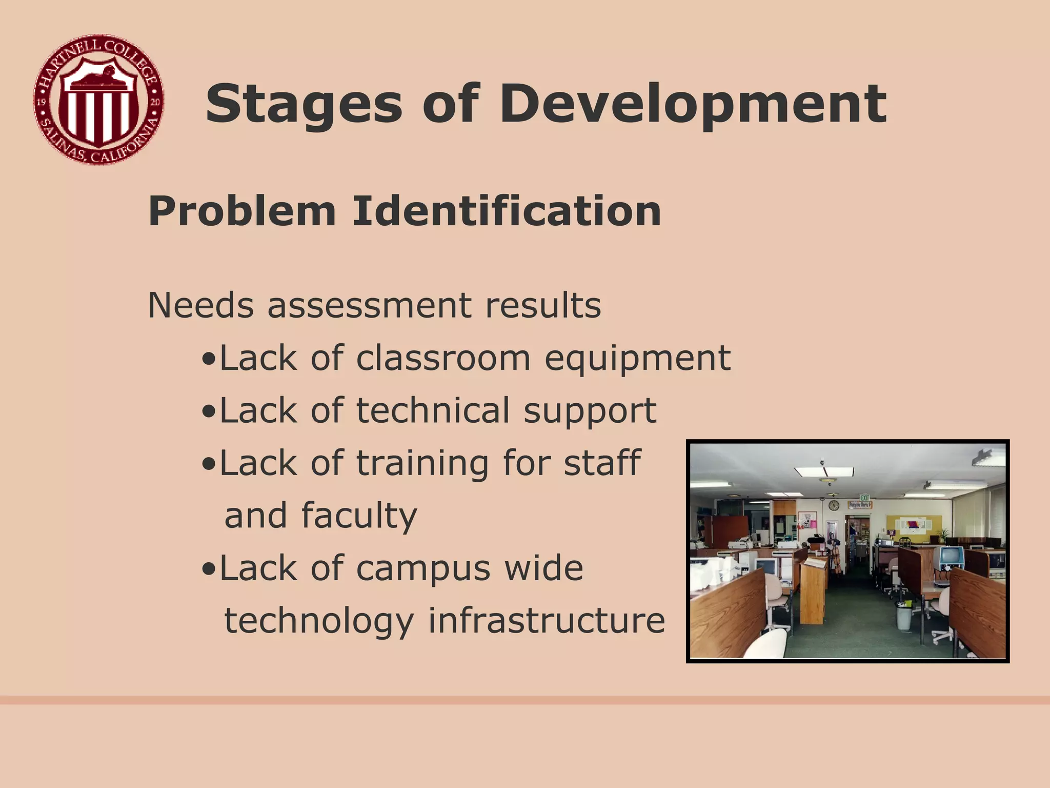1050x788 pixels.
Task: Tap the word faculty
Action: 359,516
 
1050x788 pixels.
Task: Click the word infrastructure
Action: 547,621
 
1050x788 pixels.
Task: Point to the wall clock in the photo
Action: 834,505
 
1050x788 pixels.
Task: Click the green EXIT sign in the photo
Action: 865,498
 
